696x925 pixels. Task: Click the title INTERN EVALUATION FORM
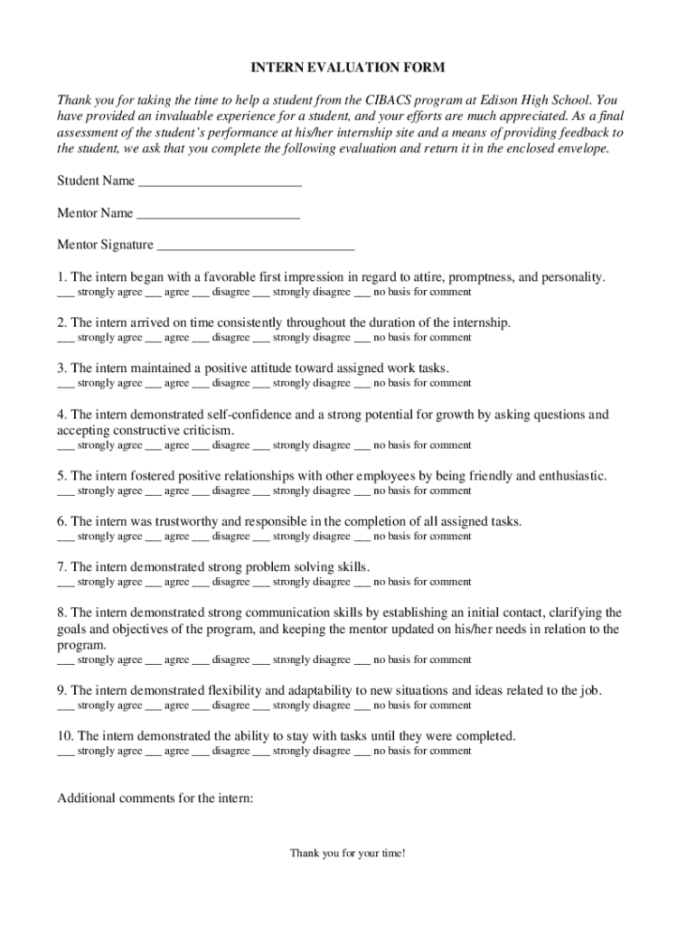[x=348, y=68]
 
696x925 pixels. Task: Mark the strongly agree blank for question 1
[x=65, y=294]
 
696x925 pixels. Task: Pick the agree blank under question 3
[x=153, y=384]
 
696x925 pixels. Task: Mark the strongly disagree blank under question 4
[x=261, y=446]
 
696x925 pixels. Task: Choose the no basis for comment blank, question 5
[x=362, y=492]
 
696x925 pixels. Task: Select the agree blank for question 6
[x=153, y=537]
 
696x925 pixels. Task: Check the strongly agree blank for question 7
[x=65, y=584]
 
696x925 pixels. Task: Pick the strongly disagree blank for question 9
[x=261, y=706]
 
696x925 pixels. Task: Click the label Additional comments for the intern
[x=155, y=799]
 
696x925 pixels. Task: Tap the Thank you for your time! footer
[x=348, y=853]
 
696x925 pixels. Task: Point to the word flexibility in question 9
[x=234, y=691]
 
